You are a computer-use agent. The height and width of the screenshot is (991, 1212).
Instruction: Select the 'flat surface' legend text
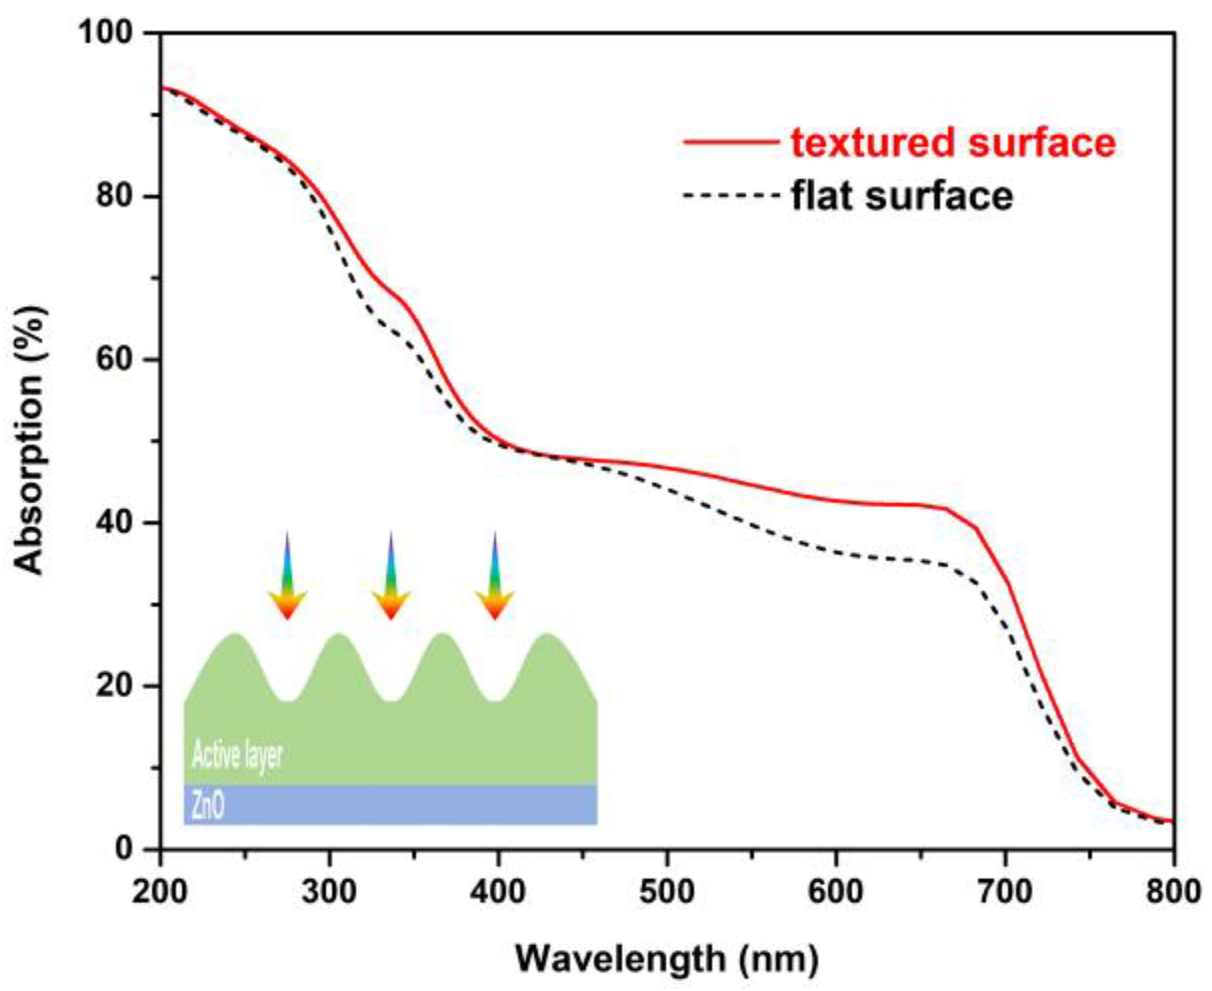901,196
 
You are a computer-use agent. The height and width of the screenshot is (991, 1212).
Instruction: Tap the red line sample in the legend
730,141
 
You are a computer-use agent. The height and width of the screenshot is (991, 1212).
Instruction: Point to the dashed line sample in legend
730,196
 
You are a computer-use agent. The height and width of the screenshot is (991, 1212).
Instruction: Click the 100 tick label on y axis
106,32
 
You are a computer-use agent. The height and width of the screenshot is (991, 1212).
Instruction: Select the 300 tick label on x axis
329,891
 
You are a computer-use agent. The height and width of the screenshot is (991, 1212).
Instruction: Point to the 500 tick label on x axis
667,891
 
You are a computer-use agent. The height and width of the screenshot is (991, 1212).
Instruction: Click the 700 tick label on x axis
1005,891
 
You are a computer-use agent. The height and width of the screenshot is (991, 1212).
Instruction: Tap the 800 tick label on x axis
1173,891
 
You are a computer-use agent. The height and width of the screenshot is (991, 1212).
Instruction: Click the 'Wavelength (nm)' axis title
667,958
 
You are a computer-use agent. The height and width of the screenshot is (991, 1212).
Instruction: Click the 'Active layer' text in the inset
237,754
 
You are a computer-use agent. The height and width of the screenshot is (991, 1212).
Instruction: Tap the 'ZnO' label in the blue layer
207,806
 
